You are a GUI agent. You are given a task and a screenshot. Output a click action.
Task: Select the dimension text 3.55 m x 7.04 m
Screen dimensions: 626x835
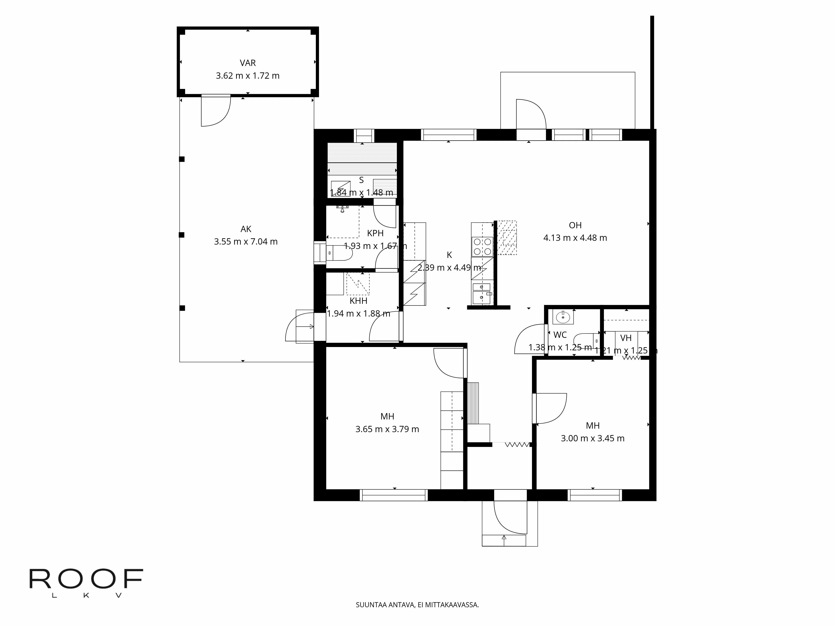[x=246, y=241]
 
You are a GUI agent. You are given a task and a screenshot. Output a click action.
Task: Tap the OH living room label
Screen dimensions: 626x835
[x=575, y=225]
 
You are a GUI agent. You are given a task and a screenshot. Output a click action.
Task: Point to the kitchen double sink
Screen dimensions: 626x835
[x=482, y=293]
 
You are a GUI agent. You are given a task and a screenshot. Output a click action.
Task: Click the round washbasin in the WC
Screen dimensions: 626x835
[x=563, y=317]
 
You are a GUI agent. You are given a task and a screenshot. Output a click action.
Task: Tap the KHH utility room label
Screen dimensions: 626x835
[x=358, y=301]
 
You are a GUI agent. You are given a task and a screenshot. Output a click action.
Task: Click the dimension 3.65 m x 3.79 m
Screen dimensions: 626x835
[x=387, y=429]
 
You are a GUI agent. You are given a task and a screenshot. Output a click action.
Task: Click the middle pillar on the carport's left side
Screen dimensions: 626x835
[x=182, y=235]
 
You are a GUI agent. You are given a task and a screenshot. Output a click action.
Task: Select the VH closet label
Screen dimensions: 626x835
[x=626, y=338]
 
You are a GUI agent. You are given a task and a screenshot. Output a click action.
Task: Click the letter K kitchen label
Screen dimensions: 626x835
[x=449, y=255]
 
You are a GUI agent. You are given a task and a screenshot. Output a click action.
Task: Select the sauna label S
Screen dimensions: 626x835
[x=361, y=180]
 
